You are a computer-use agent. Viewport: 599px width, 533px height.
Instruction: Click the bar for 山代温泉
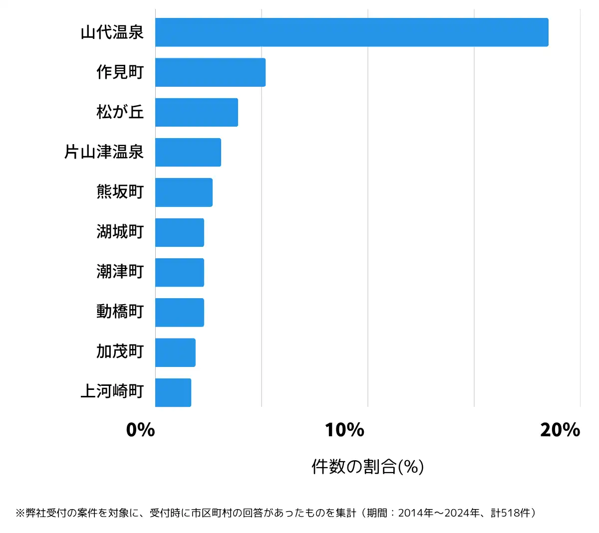click(x=351, y=32)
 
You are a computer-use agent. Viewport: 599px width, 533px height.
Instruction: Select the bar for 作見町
click(x=210, y=72)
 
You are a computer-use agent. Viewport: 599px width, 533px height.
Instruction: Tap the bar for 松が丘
click(x=196, y=112)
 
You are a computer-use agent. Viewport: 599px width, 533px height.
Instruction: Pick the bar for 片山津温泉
click(x=188, y=152)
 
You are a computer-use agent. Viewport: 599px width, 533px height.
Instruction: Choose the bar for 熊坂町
click(x=184, y=192)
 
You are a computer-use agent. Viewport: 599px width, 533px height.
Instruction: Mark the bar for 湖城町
click(x=179, y=232)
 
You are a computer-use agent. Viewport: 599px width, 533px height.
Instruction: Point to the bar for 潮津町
click(x=179, y=272)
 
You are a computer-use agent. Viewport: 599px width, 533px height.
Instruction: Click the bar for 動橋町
click(x=179, y=312)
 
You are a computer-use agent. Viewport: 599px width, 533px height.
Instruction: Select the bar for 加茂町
click(x=175, y=352)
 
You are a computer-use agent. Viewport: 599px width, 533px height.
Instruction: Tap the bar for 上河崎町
click(x=173, y=392)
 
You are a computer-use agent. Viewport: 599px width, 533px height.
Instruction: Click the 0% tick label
click(x=140, y=430)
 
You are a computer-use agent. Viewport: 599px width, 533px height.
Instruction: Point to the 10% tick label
click(x=344, y=430)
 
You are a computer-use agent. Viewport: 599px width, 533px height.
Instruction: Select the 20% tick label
click(x=560, y=430)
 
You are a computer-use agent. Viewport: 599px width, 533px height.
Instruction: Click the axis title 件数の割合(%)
click(x=367, y=467)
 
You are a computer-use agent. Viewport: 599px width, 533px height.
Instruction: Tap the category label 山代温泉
click(x=112, y=32)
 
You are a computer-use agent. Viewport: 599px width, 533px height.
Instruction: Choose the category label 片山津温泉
click(x=104, y=152)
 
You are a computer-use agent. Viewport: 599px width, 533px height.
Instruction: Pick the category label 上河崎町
click(x=112, y=392)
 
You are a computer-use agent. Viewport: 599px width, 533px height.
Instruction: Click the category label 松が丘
click(x=120, y=112)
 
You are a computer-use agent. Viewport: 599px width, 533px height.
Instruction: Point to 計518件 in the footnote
click(x=512, y=513)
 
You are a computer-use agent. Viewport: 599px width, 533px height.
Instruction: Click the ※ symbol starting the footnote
click(x=20, y=513)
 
